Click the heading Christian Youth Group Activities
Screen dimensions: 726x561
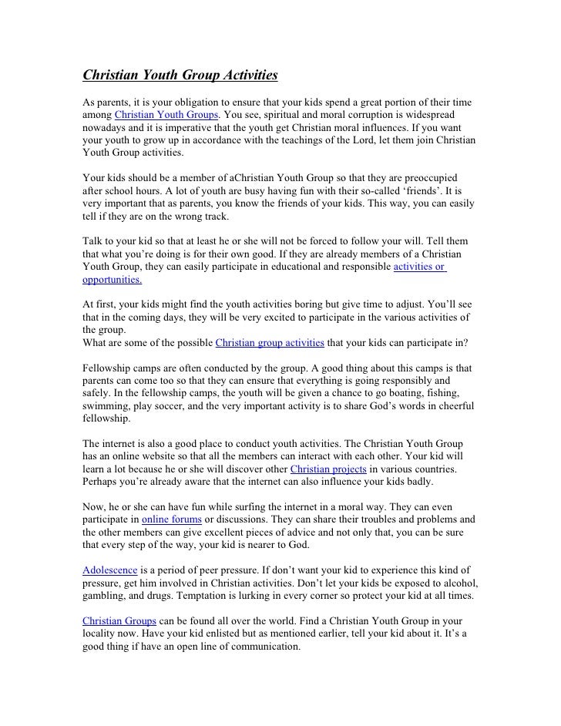180,76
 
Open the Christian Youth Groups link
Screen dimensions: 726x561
161,116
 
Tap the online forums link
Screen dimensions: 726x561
172,521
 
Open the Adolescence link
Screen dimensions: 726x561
110,570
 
